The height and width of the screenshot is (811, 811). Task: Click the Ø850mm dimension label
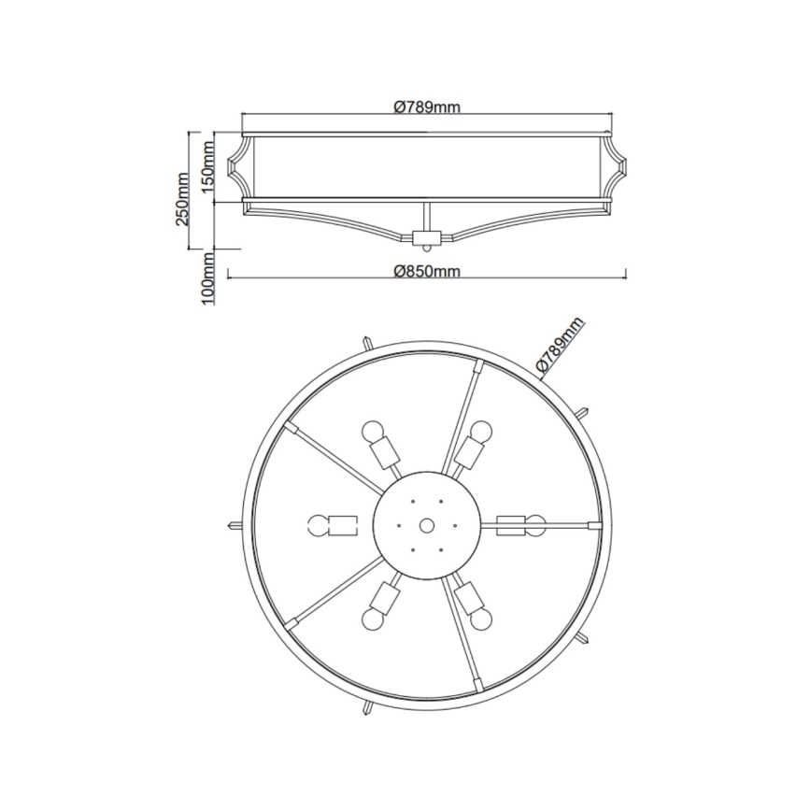tap(427, 271)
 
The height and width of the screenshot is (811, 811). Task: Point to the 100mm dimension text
tap(208, 277)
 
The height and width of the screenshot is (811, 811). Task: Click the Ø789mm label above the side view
tap(426, 107)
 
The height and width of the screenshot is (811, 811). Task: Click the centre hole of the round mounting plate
tap(426, 526)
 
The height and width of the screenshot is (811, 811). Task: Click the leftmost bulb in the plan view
tap(316, 525)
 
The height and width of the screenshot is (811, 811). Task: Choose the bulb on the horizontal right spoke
tap(535, 524)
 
